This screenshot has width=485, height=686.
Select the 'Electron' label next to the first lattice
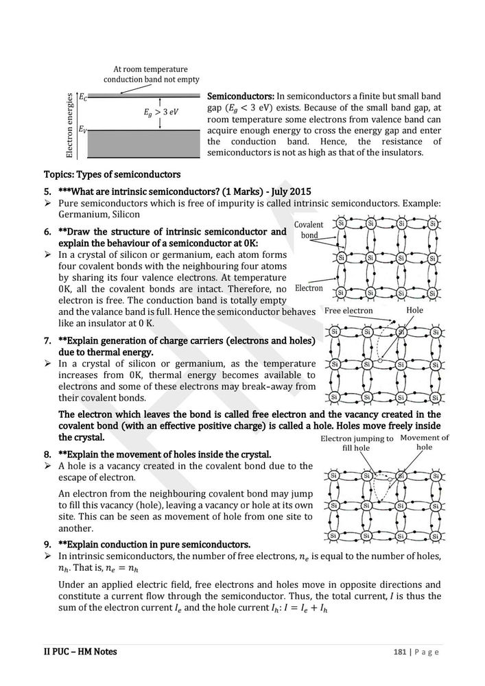pos(309,288)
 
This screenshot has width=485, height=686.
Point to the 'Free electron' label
pos(349,311)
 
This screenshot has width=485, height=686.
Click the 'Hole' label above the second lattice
pos(414,311)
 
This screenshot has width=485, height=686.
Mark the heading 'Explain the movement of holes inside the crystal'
pos(165,454)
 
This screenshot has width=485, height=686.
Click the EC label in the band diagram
pos(83,98)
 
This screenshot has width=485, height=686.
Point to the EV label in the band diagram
pos(83,128)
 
